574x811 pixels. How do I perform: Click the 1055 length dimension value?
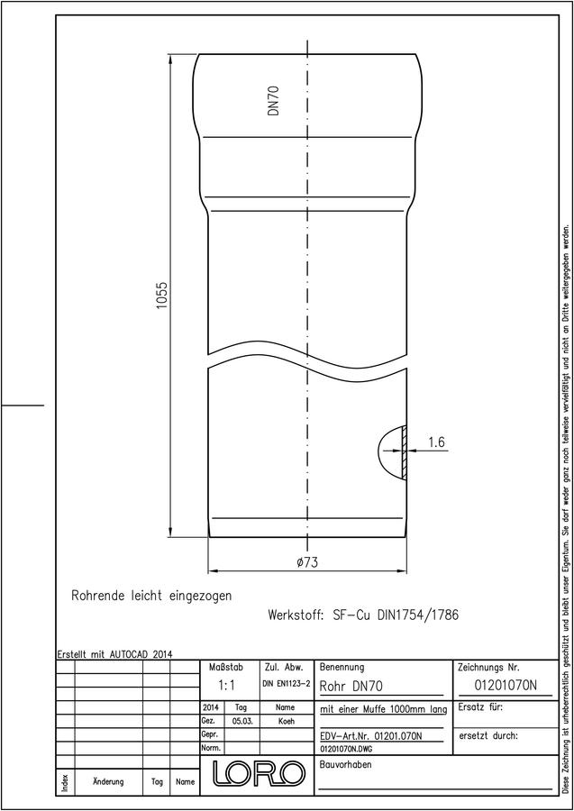click(163, 296)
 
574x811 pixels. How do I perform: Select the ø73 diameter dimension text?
click(307, 562)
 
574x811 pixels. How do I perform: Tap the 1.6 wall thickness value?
click(436, 442)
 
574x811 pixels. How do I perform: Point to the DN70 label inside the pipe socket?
click(274, 100)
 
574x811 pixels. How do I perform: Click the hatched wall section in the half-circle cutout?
click(405, 451)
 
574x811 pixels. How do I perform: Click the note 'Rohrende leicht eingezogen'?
click(151, 596)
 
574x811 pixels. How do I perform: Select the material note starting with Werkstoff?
click(363, 615)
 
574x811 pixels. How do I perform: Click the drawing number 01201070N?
click(506, 686)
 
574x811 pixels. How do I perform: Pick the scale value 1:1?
click(226, 686)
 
